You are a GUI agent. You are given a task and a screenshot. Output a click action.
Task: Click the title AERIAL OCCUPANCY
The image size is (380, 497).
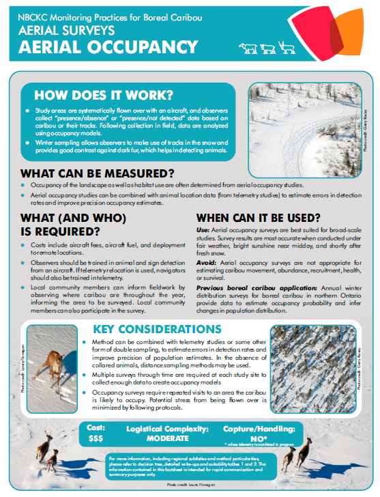106,47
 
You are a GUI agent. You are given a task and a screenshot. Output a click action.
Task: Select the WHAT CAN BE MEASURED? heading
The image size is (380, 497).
97,173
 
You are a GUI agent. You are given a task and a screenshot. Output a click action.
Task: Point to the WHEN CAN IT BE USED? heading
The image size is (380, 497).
267,218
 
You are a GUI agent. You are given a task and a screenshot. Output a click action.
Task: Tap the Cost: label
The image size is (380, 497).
96,427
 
